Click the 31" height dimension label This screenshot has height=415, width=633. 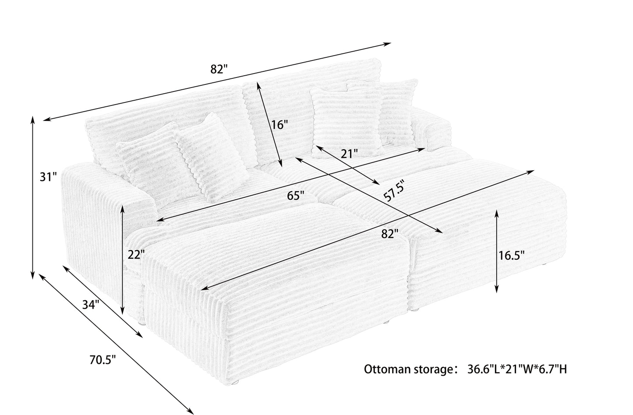coord(48,177)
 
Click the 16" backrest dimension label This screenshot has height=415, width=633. coord(279,125)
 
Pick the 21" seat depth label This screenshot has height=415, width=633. coord(349,153)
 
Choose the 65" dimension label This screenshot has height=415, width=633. coord(296,195)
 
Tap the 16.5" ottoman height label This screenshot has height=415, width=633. coord(511,255)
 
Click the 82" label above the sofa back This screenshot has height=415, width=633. coord(219,69)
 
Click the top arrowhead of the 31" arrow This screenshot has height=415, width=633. coord(32,119)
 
